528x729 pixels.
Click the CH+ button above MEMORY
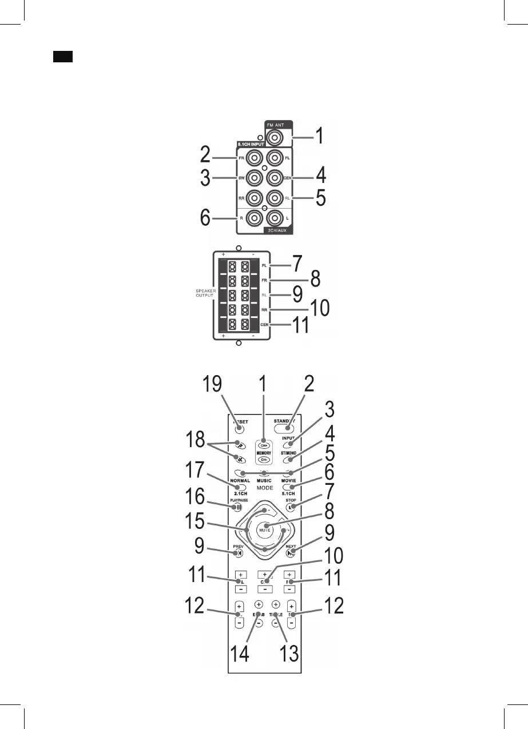pos(264,444)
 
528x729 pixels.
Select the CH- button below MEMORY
pos(264,459)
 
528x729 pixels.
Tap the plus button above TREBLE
pos(276,604)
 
